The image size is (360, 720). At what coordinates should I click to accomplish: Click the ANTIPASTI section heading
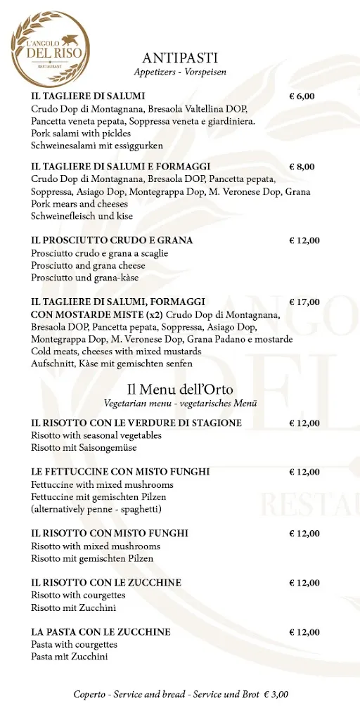[180, 58]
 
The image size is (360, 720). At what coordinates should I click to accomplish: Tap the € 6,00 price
[302, 96]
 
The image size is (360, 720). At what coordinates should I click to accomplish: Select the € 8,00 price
[302, 167]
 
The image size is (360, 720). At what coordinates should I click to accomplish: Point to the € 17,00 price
[304, 302]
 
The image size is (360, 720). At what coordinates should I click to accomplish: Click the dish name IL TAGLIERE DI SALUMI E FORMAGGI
[121, 167]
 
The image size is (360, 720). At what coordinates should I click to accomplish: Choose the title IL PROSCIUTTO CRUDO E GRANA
[112, 240]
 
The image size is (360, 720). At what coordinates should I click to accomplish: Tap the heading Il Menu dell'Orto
[180, 390]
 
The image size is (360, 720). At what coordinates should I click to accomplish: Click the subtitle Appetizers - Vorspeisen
[180, 72]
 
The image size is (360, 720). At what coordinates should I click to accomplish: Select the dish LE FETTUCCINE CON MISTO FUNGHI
[120, 472]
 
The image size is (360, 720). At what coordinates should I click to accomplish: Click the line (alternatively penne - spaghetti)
[96, 508]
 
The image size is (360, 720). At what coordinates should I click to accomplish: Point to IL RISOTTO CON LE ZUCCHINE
[106, 583]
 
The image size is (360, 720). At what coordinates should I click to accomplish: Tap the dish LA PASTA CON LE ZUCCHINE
[101, 632]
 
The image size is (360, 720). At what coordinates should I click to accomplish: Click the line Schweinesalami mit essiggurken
[97, 146]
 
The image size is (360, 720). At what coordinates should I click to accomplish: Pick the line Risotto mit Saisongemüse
[84, 447]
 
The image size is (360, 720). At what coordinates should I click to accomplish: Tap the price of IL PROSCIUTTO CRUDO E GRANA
[304, 240]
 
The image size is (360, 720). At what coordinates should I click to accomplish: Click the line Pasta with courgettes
[74, 644]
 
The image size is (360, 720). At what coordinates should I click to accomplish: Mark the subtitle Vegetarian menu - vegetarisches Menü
[180, 404]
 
